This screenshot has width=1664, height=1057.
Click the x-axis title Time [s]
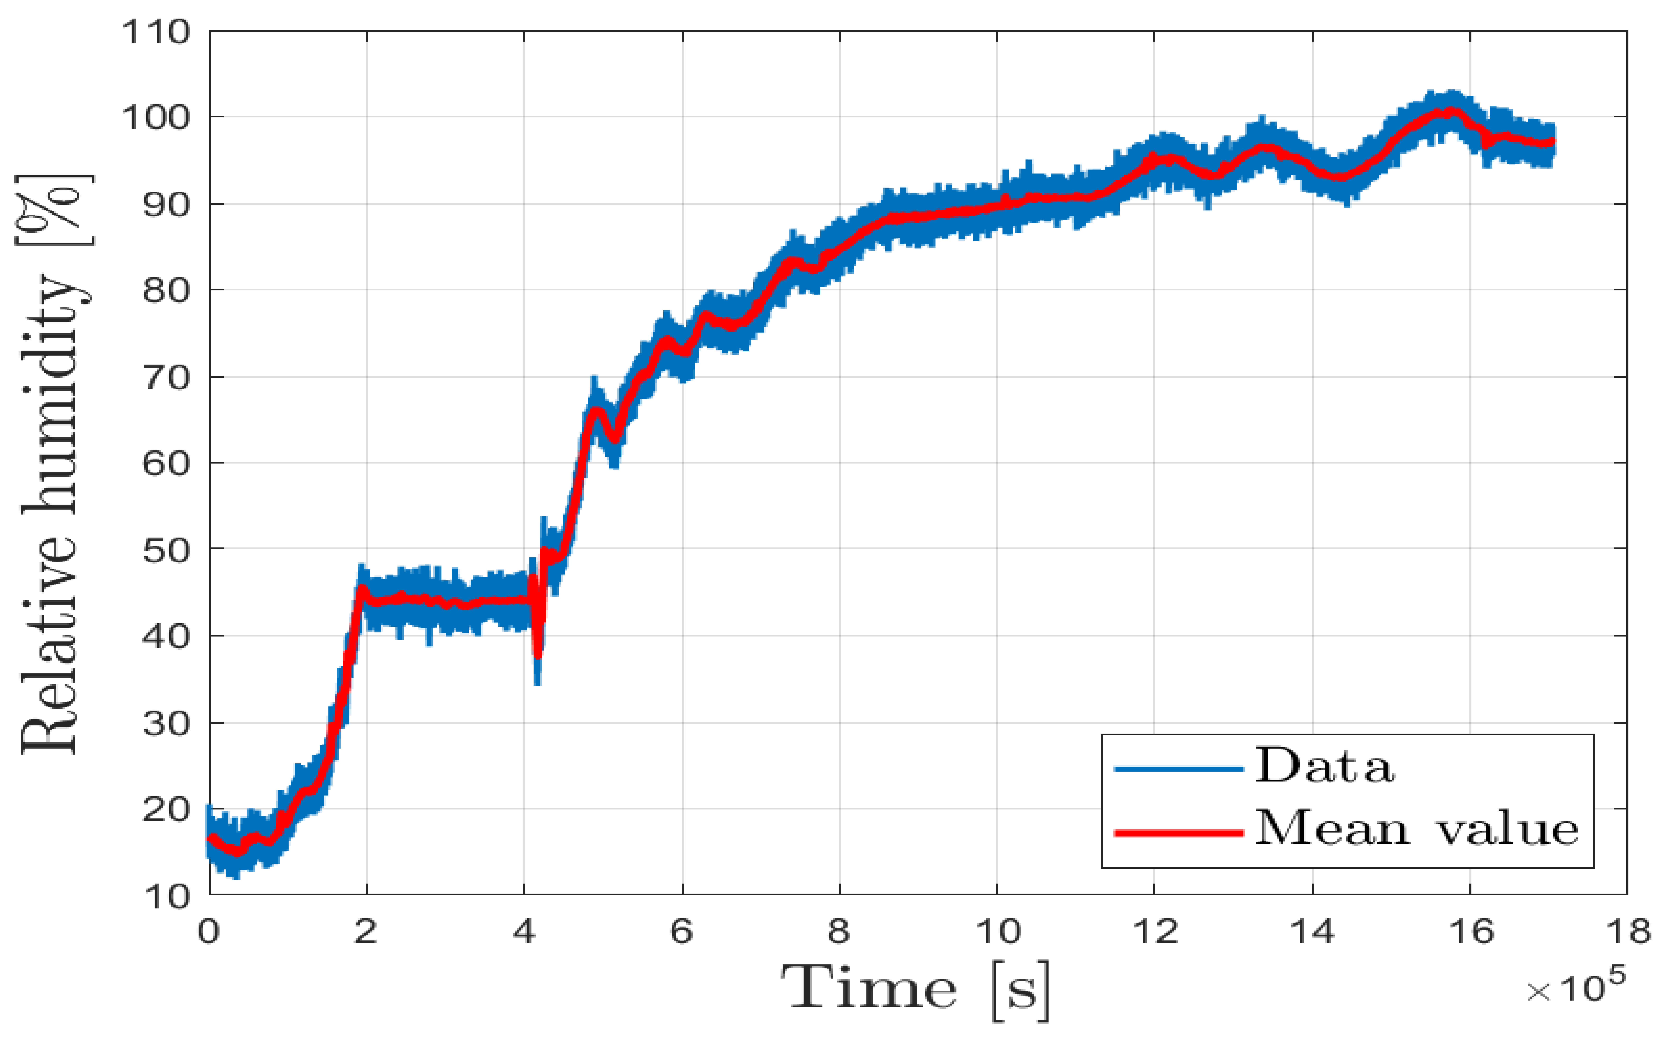[x=916, y=989]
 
